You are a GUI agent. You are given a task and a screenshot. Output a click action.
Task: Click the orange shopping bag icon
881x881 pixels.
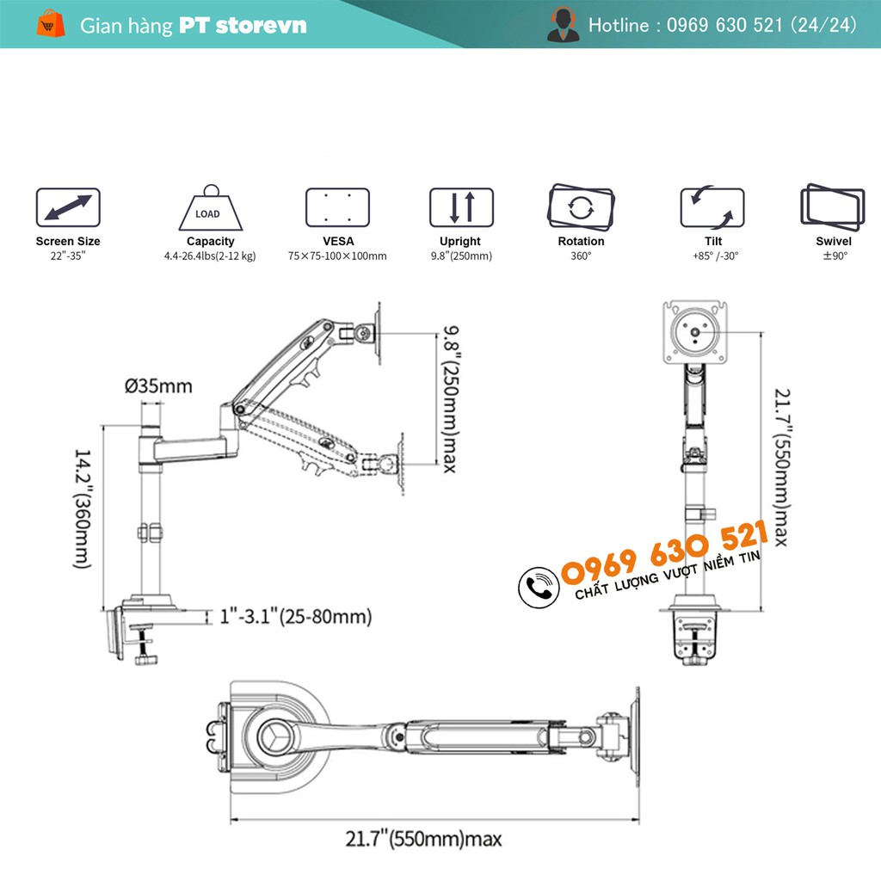(51, 23)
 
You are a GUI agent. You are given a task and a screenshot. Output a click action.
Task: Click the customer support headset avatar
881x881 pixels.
(563, 24)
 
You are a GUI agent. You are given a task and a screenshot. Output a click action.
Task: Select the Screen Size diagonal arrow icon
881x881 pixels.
(68, 208)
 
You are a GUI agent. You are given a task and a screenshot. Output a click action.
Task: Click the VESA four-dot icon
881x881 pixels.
(337, 207)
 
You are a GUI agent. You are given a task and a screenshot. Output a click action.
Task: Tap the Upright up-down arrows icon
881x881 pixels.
(462, 207)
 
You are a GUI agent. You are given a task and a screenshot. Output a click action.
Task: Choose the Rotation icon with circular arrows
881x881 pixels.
(581, 206)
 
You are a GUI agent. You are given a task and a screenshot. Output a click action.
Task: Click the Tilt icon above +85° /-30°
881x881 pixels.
(712, 207)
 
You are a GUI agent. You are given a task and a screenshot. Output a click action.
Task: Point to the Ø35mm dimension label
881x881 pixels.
(159, 385)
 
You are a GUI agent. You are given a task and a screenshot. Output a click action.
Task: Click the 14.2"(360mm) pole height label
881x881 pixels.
(81, 507)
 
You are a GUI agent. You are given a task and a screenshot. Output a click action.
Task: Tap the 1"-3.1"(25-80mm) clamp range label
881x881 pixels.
(295, 616)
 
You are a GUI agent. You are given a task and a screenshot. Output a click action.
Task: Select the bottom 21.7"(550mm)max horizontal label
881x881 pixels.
(423, 838)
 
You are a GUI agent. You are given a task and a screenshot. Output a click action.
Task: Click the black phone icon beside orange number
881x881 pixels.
(538, 587)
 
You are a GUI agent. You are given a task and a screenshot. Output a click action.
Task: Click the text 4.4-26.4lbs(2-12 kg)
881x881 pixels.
(210, 256)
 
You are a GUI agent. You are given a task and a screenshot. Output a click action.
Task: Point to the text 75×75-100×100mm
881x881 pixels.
(337, 256)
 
